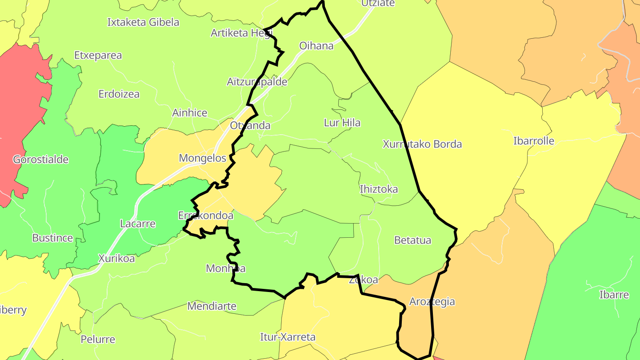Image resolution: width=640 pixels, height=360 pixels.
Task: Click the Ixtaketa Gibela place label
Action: (143, 22)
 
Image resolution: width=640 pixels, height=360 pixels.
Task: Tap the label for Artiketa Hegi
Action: (241, 33)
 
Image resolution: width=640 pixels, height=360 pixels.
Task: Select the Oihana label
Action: (316, 46)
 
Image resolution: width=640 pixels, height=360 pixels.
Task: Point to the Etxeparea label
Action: (98, 56)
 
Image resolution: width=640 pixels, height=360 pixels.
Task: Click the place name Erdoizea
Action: (119, 94)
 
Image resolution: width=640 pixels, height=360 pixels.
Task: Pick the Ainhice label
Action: (189, 113)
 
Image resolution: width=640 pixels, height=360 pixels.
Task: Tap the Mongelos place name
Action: (202, 158)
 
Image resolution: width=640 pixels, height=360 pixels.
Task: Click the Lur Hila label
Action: (342, 123)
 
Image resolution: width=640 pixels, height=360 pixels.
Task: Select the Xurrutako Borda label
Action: (422, 144)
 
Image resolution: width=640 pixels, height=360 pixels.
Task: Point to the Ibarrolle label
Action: (533, 141)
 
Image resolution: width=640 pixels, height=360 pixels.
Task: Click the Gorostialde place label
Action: (40, 160)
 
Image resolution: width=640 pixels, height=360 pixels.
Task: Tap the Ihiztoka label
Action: (378, 189)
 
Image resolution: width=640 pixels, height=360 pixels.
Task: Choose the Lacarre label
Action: (138, 224)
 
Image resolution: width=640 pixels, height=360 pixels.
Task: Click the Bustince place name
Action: (52, 238)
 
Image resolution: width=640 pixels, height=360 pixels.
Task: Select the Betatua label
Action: (412, 240)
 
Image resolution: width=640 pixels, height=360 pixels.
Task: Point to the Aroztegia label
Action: (432, 302)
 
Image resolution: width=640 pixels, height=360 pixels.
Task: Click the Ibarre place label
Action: (614, 295)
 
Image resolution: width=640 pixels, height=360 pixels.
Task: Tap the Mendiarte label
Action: (212, 306)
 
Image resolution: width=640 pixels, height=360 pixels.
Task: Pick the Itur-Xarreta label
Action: (288, 337)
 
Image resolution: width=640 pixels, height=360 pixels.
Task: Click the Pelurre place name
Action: (98, 340)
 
